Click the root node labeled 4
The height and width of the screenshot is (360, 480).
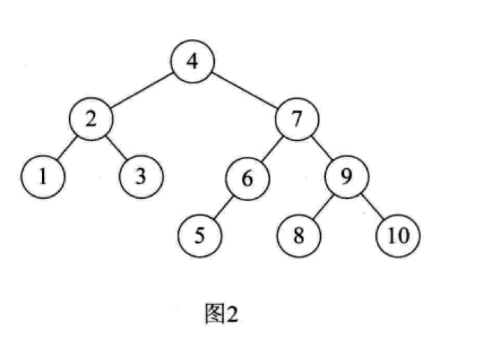(193, 61)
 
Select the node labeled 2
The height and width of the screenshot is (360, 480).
(91, 119)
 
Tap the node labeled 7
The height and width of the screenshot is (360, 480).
(297, 119)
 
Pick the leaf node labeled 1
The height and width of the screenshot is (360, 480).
(43, 177)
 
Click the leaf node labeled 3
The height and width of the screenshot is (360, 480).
(141, 177)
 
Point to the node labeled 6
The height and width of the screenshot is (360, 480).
(247, 178)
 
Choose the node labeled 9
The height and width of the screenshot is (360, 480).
(347, 177)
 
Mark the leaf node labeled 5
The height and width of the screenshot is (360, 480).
(200, 236)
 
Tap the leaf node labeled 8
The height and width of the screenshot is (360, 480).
(299, 236)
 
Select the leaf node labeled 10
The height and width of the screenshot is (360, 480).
(398, 236)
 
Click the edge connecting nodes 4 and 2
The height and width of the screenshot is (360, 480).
(142, 90)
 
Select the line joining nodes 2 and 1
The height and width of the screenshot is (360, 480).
(67, 147)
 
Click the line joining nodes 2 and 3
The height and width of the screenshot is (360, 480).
(116, 147)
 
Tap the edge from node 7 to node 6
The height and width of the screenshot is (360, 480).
(272, 149)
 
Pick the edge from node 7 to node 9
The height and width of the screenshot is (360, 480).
(322, 148)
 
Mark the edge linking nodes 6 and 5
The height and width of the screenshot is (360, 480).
(223, 207)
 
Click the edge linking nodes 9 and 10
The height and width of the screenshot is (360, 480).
(373, 207)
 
